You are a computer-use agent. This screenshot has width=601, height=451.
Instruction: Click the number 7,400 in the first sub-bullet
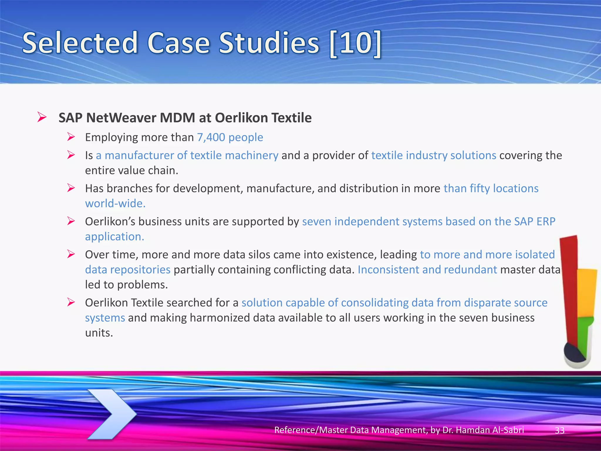coord(211,137)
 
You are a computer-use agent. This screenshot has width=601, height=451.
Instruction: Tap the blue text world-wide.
coord(115,203)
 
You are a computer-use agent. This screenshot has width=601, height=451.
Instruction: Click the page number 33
coord(560,430)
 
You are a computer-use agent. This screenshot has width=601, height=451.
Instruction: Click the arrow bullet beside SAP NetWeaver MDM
coord(42,117)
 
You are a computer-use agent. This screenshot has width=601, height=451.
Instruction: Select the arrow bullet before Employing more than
coord(71,137)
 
